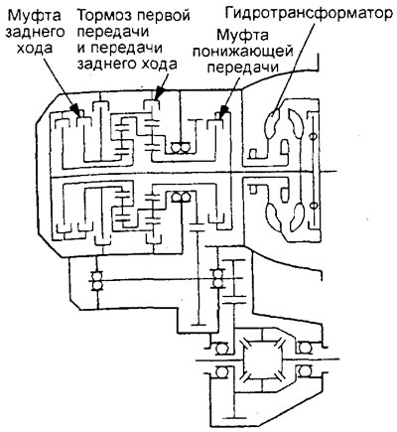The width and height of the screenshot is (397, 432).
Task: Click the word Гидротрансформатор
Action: (x=309, y=13)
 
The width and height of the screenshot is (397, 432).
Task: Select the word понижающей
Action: (x=243, y=52)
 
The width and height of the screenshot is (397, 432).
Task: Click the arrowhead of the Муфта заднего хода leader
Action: (x=76, y=110)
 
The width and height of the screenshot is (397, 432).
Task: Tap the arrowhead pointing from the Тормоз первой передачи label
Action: (x=159, y=93)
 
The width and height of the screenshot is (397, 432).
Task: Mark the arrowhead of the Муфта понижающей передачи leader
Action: (x=223, y=111)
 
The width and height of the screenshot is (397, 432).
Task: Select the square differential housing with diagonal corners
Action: (x=262, y=360)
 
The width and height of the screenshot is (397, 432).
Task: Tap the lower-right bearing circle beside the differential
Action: (x=304, y=370)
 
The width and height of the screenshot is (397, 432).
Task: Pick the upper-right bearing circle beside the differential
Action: (x=304, y=349)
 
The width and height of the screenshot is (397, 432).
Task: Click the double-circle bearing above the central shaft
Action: (x=180, y=147)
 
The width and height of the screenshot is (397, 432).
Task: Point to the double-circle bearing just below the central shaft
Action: (x=181, y=198)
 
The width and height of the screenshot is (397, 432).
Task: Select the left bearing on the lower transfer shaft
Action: (x=97, y=281)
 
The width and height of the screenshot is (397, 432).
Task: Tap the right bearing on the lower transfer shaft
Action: (x=217, y=279)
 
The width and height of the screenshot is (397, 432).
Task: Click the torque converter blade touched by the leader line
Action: (x=274, y=124)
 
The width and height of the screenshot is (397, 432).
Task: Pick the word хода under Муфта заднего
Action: (x=35, y=49)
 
